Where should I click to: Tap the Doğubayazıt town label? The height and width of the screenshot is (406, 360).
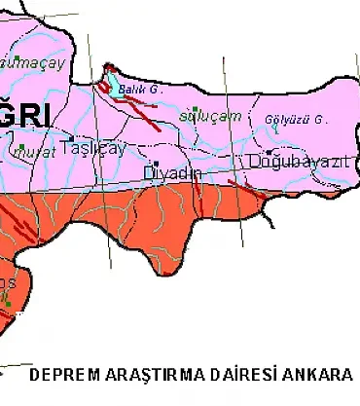pyautogui.click(x=299, y=162)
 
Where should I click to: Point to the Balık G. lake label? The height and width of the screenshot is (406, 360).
pyautogui.click(x=139, y=89)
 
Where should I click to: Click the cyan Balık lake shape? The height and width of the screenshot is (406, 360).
pyautogui.click(x=115, y=85)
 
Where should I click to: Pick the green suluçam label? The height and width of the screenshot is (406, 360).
pyautogui.click(x=203, y=117)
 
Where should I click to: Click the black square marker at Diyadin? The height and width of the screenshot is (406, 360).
pyautogui.click(x=155, y=163)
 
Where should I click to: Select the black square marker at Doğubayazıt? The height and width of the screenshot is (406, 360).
pyautogui.click(x=270, y=153)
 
